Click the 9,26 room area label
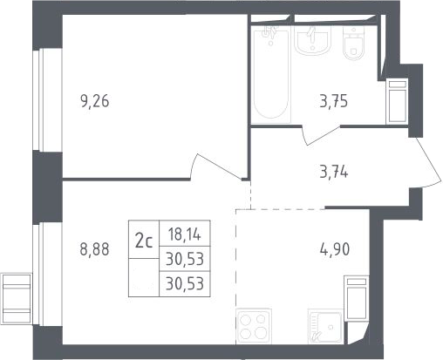point(95,102)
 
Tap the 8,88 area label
point(95,249)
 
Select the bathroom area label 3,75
point(334,102)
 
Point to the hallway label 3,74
point(334,173)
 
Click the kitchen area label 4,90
point(335,249)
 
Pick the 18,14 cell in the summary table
point(185,234)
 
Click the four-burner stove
point(254,326)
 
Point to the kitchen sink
point(325,327)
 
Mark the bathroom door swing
point(320,135)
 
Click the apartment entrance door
point(428,163)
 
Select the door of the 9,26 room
point(217,166)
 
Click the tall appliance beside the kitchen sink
point(357,298)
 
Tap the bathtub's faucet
point(269,33)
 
